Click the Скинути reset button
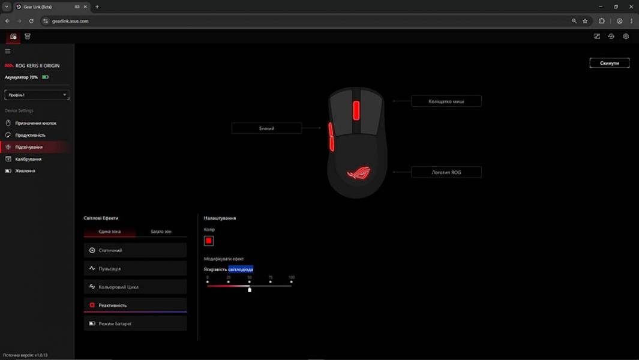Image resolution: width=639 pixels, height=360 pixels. pyautogui.click(x=609, y=63)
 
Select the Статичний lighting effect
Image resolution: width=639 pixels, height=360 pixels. pyautogui.click(x=135, y=250)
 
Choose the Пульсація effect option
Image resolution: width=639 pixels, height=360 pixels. pyautogui.click(x=135, y=269)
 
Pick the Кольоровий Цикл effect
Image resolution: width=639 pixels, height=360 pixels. pyautogui.click(x=135, y=287)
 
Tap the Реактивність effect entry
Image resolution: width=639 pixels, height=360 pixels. pyautogui.click(x=135, y=305)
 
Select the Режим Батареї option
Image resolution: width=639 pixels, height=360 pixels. pyautogui.click(x=135, y=323)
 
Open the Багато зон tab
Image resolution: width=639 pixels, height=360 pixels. pyautogui.click(x=161, y=232)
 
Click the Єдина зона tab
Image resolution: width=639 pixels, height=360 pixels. pyautogui.click(x=109, y=232)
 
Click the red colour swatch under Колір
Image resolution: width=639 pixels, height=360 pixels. pyautogui.click(x=209, y=241)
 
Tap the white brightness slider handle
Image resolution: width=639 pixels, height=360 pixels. pyautogui.click(x=250, y=289)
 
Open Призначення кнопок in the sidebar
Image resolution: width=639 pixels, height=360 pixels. pyautogui.click(x=35, y=123)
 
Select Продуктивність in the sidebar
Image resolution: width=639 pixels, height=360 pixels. pyautogui.click(x=30, y=135)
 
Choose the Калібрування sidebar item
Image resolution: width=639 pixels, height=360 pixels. pyautogui.click(x=28, y=159)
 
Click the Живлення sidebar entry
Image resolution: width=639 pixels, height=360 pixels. pyautogui.click(x=25, y=171)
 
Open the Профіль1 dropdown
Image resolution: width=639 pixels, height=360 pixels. pyautogui.click(x=37, y=95)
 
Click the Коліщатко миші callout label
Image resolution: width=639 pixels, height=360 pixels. pyautogui.click(x=446, y=101)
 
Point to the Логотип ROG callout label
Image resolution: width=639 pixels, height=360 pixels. pyautogui.click(x=446, y=172)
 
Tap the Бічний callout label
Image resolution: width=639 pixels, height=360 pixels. pyautogui.click(x=266, y=128)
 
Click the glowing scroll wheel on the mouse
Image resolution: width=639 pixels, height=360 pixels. pyautogui.click(x=356, y=110)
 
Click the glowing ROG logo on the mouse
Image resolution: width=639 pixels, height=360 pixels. pyautogui.click(x=359, y=173)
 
